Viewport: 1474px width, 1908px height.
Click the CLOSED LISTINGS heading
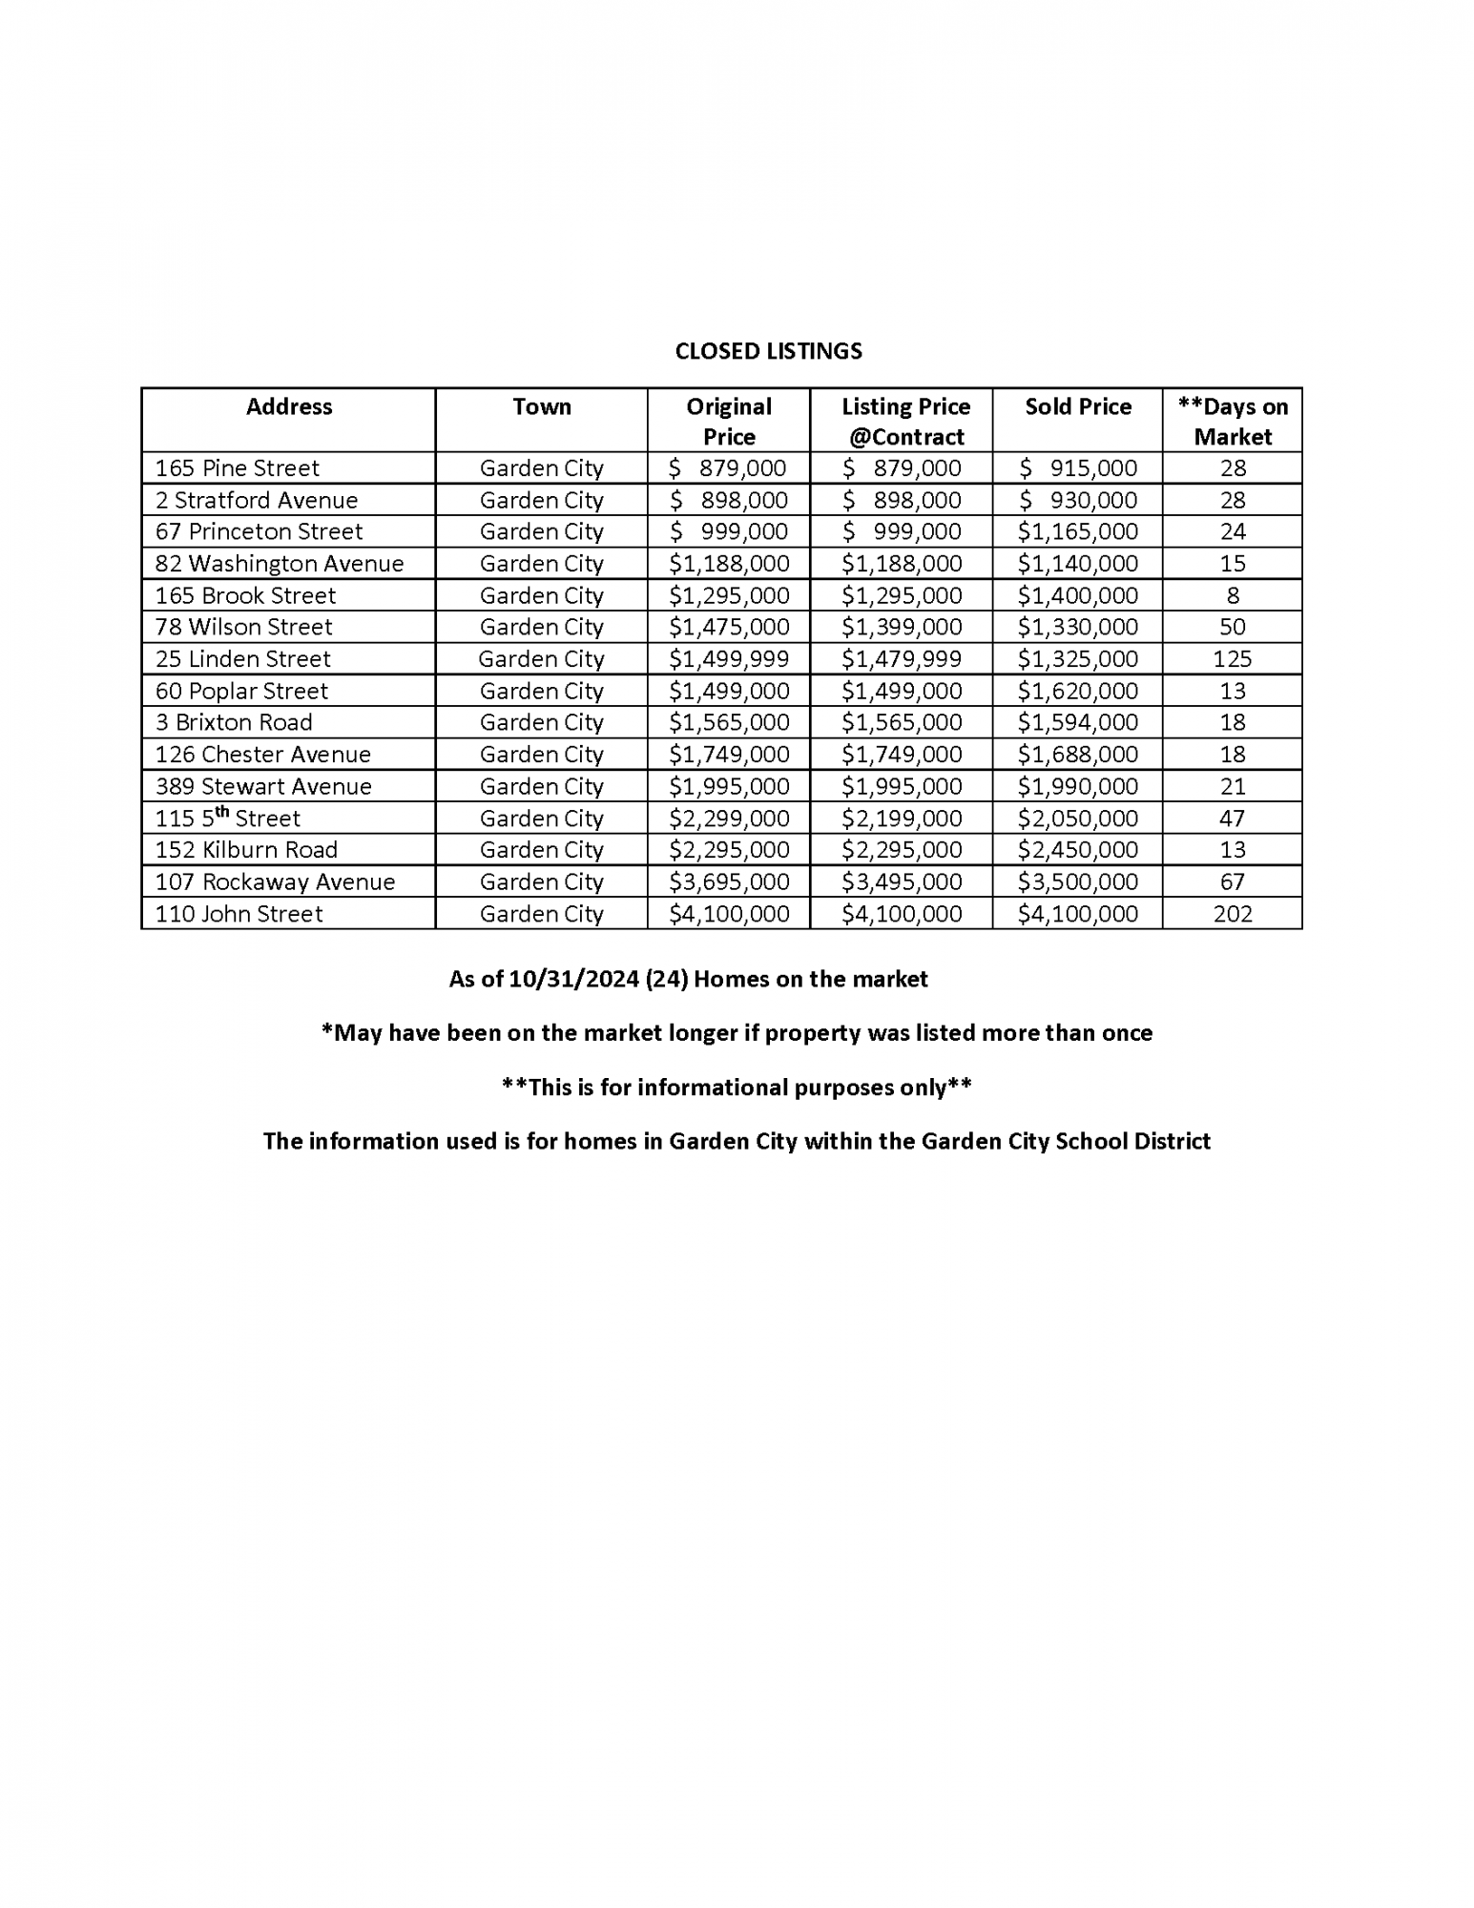(x=768, y=351)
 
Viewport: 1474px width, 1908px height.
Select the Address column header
(x=289, y=406)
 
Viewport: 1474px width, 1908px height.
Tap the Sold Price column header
(x=1078, y=406)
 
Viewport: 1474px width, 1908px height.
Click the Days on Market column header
(x=1233, y=421)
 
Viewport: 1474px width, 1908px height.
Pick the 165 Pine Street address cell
(x=238, y=468)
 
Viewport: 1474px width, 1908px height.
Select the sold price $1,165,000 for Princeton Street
(x=1078, y=531)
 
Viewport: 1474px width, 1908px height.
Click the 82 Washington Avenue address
(x=280, y=564)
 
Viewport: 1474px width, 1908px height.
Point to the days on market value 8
(x=1233, y=595)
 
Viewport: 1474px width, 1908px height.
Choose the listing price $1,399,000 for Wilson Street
(x=902, y=627)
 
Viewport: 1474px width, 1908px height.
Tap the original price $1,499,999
(x=729, y=659)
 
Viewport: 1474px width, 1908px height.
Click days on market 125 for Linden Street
(x=1233, y=659)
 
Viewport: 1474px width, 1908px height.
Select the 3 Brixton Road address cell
(x=234, y=722)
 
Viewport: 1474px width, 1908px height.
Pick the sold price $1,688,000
(x=1078, y=755)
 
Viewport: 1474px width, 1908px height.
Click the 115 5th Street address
(x=228, y=818)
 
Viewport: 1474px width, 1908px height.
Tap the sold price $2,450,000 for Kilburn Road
(x=1078, y=850)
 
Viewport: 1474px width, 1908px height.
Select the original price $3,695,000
(x=729, y=881)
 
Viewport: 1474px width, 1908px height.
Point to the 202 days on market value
(x=1233, y=914)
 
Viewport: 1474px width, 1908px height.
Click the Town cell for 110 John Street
(x=541, y=914)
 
